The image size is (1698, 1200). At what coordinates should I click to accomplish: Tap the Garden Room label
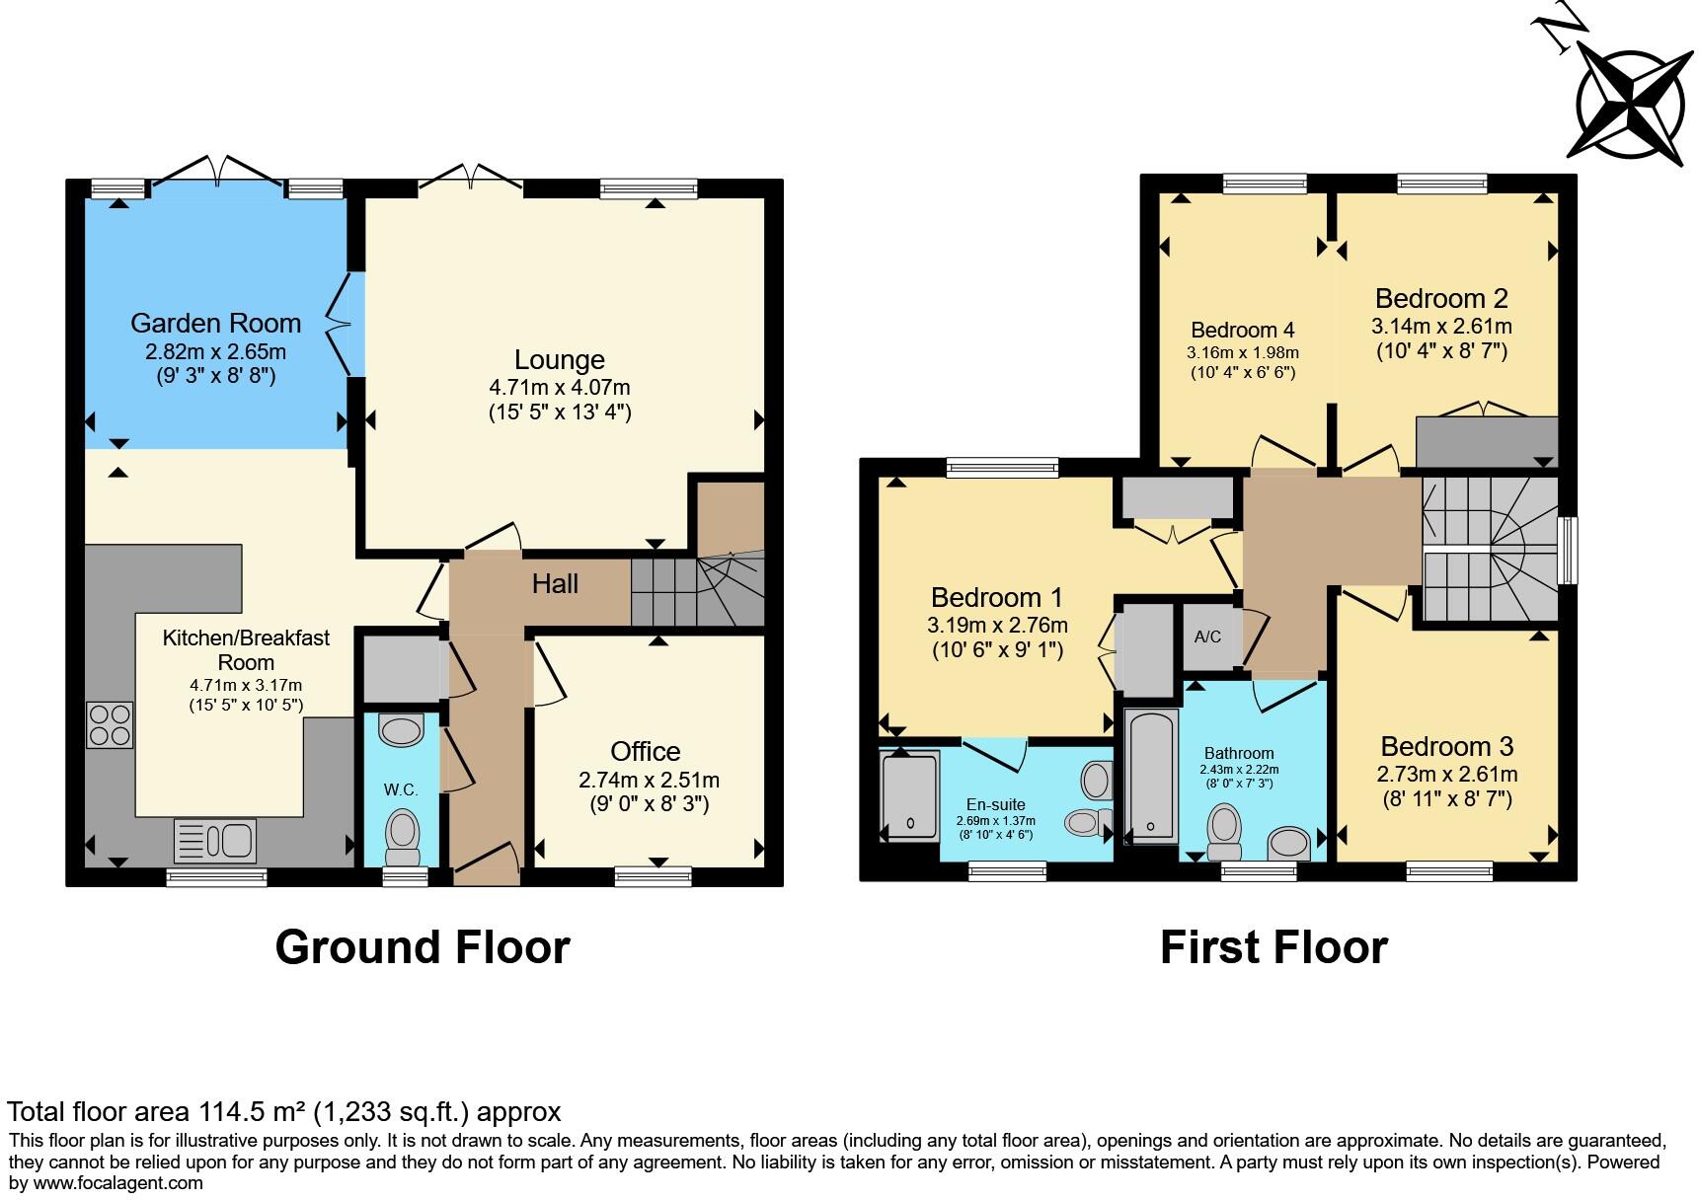[215, 323]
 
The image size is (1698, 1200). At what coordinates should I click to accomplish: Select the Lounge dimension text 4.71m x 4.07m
[559, 387]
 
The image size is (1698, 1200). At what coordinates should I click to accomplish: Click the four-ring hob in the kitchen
[109, 724]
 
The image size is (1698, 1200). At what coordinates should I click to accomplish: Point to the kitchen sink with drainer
[215, 841]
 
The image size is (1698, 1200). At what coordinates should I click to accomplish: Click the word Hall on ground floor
[555, 584]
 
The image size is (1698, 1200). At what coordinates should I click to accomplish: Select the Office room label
[645, 752]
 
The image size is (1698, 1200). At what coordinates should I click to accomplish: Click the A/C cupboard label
[1207, 637]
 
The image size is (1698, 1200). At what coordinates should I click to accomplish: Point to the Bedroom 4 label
[1242, 331]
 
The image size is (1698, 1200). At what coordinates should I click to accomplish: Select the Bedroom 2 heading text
[1441, 298]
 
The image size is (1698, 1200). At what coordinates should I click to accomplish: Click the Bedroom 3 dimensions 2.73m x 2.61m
[1447, 775]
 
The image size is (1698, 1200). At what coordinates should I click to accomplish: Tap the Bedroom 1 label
[997, 597]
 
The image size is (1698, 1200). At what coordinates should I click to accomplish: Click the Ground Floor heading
[423, 947]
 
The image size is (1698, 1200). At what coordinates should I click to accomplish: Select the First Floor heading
[1273, 947]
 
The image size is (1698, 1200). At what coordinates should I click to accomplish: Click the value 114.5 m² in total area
[250, 1112]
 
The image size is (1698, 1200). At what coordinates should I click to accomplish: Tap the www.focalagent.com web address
[118, 1183]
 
